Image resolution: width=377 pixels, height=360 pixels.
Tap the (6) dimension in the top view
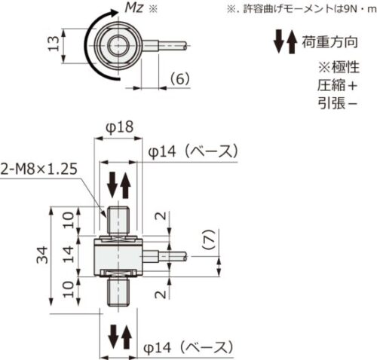pyautogui.click(x=179, y=78)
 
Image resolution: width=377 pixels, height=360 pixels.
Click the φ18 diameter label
pyautogui.click(x=120, y=129)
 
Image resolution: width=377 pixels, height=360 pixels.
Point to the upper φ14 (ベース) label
pyautogui.click(x=193, y=152)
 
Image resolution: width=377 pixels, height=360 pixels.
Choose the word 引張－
pyautogui.click(x=333, y=104)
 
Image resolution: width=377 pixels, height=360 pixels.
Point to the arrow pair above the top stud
pyautogui.click(x=120, y=183)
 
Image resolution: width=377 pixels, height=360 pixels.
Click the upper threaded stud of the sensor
pyautogui.click(x=120, y=221)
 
